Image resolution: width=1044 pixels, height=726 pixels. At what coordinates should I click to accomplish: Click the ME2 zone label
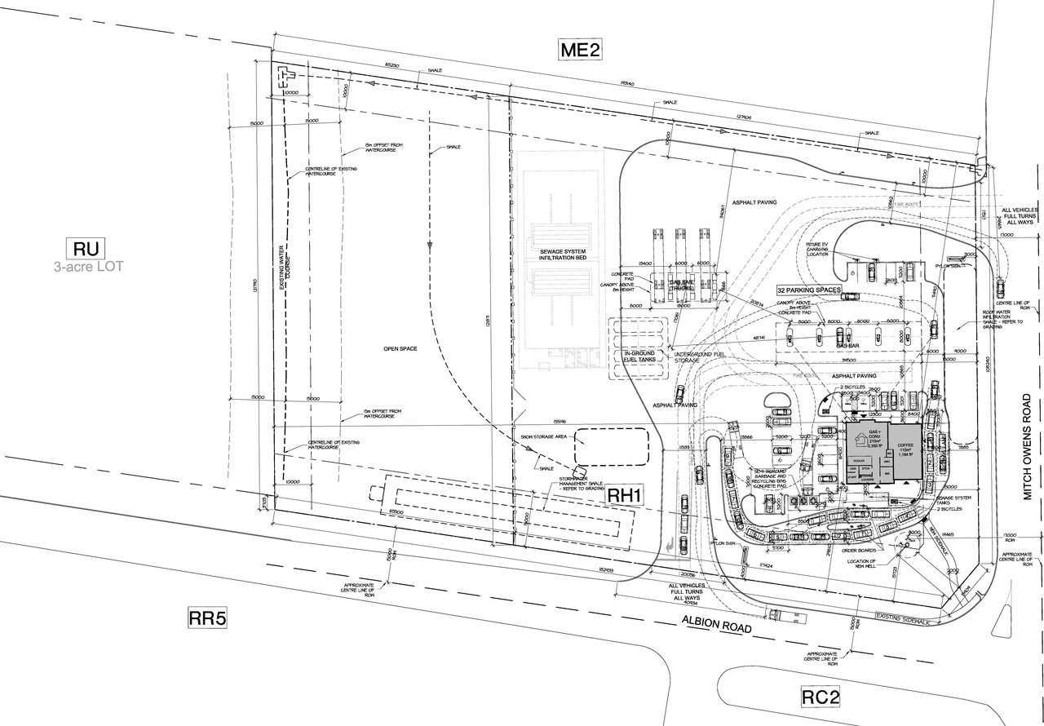pos(580,50)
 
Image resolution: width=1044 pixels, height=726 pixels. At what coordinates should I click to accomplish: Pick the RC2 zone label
pos(820,697)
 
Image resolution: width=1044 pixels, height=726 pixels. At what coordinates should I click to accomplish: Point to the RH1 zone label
pos(626,494)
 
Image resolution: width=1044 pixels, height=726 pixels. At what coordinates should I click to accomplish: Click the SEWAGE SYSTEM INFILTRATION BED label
pos(562,253)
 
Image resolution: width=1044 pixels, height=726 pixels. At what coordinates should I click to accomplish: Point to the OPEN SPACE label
pos(400,349)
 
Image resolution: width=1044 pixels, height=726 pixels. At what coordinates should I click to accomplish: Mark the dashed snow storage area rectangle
pos(612,446)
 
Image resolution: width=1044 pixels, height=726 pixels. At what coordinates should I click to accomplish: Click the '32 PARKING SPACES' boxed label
pos(808,290)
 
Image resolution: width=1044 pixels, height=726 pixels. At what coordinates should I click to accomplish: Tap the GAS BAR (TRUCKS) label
pos(682,285)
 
